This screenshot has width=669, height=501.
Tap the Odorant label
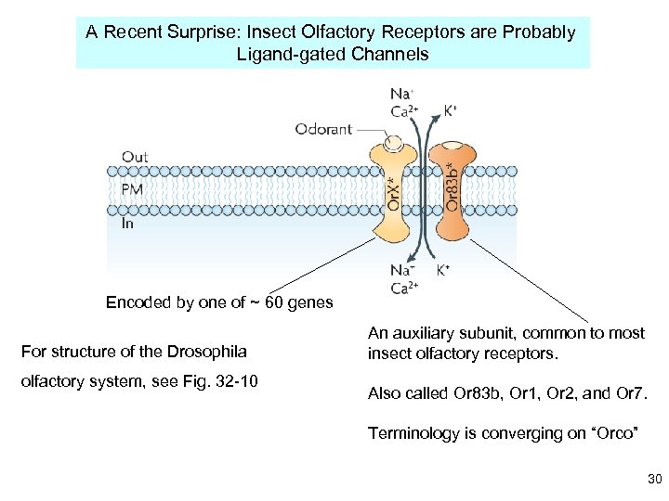[x=323, y=129]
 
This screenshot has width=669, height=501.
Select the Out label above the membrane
[x=135, y=157]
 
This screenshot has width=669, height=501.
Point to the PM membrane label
[x=133, y=189]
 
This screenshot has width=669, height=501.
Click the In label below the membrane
[x=128, y=223]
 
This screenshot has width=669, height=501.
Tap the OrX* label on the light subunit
[x=393, y=193]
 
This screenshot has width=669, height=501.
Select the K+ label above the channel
[x=451, y=109]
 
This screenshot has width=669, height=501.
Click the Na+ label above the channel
[x=401, y=94]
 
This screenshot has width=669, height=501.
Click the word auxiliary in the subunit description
[x=428, y=333]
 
